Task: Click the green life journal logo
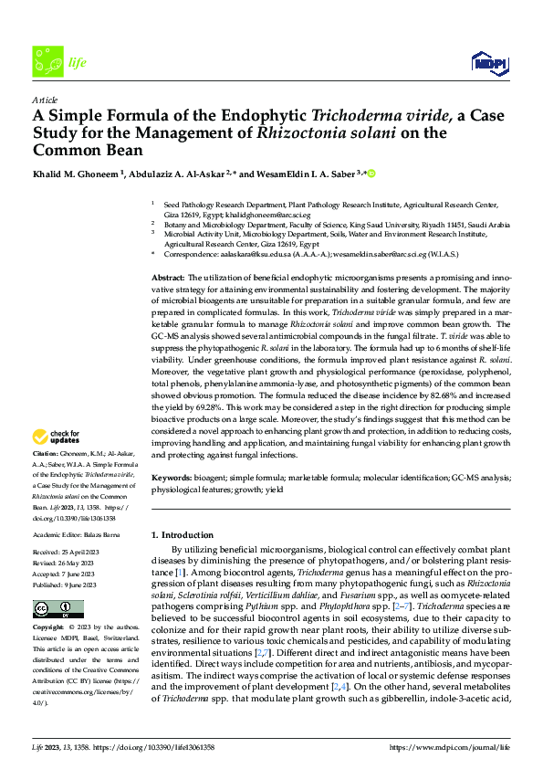(x=47, y=62)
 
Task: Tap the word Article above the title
(x=44, y=99)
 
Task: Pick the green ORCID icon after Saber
(x=372, y=173)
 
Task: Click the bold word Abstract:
(x=168, y=277)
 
